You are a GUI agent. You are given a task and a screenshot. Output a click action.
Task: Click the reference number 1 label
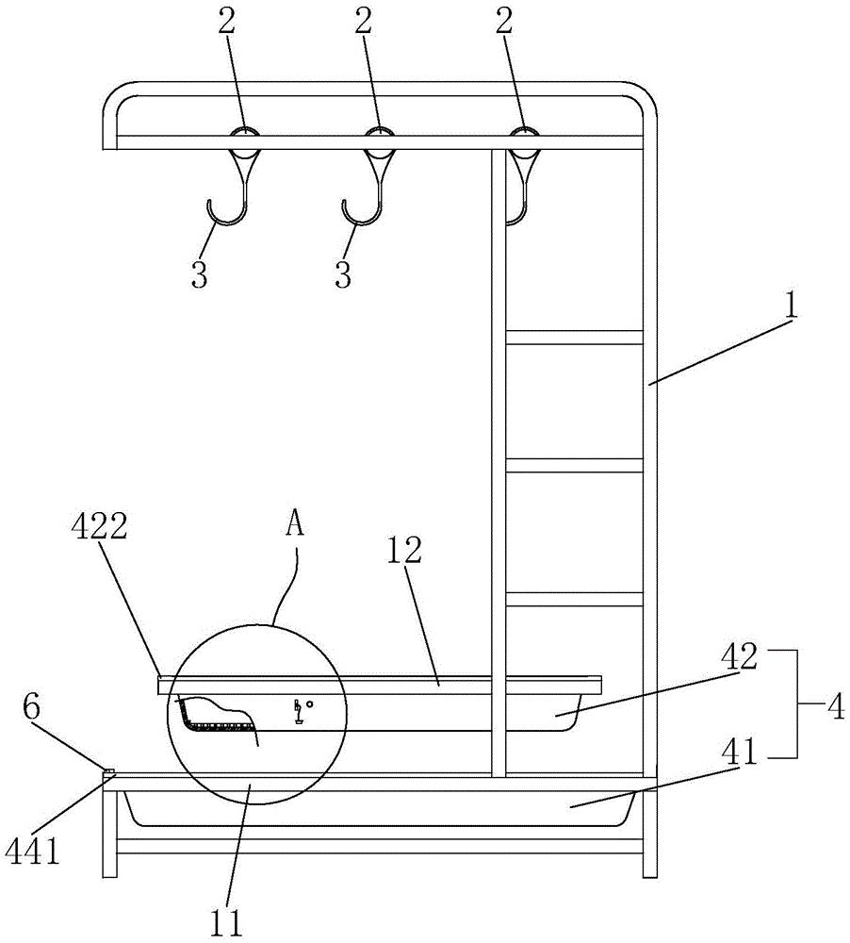tap(792, 306)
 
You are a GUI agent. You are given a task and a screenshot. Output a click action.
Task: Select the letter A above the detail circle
tap(295, 524)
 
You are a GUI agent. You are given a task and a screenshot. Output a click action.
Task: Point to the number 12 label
tap(404, 550)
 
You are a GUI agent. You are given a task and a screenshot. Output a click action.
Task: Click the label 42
tap(741, 657)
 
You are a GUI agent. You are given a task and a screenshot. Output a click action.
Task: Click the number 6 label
tap(32, 707)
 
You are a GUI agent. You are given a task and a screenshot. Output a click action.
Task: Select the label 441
tap(34, 852)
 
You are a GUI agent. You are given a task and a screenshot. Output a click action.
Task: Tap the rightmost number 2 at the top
tap(504, 23)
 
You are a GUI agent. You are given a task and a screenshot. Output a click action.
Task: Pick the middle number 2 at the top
tap(364, 23)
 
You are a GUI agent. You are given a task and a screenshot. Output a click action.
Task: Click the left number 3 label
tap(200, 274)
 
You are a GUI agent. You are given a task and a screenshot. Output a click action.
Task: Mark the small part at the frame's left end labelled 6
tap(108, 769)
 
